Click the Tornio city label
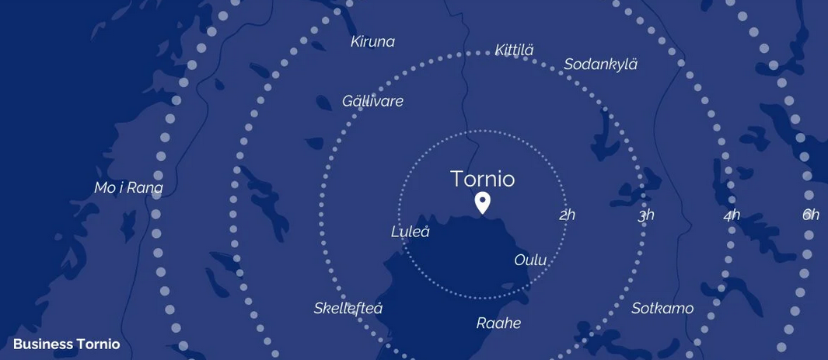point(482,179)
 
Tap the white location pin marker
point(482,202)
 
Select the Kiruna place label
point(372,42)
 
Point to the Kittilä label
point(514,51)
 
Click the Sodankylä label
point(600,65)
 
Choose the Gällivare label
point(372,101)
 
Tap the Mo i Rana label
point(128,188)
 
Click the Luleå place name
point(410,232)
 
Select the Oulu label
point(530,260)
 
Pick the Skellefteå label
point(348,309)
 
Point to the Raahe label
point(498,323)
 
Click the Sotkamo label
point(662,309)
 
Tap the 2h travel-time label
point(567,215)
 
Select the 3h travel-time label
point(646,215)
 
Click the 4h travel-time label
point(732,215)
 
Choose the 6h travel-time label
point(811,215)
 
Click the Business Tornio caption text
point(67,344)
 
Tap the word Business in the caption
point(43,344)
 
